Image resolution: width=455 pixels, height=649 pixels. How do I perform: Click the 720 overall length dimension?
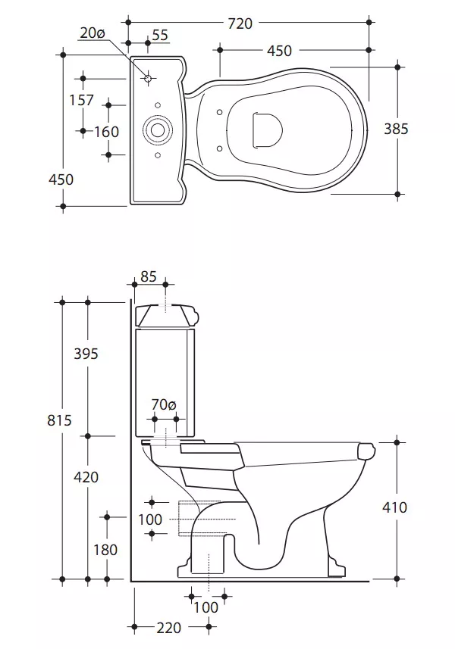pyautogui.click(x=240, y=23)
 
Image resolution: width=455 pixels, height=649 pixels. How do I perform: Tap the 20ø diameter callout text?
pyautogui.click(x=92, y=33)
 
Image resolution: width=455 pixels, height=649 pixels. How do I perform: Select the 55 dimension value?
pyautogui.click(x=160, y=35)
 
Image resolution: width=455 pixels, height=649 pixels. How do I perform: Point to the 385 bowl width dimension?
pyautogui.click(x=396, y=129)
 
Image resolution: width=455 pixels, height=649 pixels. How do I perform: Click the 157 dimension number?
pyautogui.click(x=82, y=100)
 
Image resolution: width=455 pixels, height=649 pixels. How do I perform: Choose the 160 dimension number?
pyautogui.click(x=106, y=132)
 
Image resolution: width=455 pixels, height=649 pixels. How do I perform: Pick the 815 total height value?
pyautogui.click(x=59, y=420)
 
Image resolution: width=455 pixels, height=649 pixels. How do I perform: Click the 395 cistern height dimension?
pyautogui.click(x=86, y=354)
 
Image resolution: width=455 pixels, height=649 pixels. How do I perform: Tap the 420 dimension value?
pyautogui.click(x=86, y=477)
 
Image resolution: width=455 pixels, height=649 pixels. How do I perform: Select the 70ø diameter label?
pyautogui.click(x=164, y=404)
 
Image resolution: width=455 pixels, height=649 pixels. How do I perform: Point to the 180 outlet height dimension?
pyautogui.click(x=105, y=550)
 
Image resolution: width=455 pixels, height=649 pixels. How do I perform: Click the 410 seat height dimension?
pyautogui.click(x=394, y=507)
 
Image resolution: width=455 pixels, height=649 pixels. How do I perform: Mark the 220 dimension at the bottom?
pyautogui.click(x=169, y=628)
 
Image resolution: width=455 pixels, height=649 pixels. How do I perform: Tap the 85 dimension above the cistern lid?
pyautogui.click(x=149, y=276)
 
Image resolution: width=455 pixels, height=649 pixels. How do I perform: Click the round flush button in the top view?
pyautogui.click(x=157, y=129)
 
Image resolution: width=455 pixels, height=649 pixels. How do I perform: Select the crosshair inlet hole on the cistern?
pyautogui.click(x=148, y=78)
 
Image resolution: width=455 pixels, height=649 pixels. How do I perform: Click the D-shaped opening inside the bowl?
pyautogui.click(x=267, y=129)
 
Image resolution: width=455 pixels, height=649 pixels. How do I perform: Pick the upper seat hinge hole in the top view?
pyautogui.click(x=220, y=112)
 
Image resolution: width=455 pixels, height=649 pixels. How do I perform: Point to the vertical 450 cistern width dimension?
pyautogui.click(x=61, y=179)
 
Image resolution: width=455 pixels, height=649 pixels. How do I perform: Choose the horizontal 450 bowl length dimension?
pyautogui.click(x=279, y=51)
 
